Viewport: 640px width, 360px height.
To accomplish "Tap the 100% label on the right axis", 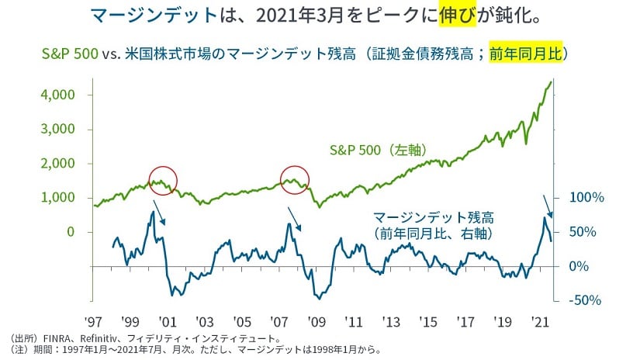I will pyautogui.click(x=587, y=198).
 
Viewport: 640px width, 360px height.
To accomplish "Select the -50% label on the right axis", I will pyautogui.click(x=587, y=300).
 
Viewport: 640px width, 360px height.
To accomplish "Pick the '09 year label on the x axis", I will pyautogui.click(x=317, y=320).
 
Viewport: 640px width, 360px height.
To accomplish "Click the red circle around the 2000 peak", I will pyautogui.click(x=163, y=180).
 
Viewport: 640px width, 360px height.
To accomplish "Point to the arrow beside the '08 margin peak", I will pyautogui.click(x=295, y=218).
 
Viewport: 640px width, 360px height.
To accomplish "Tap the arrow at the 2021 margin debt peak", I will pyautogui.click(x=548, y=205).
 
